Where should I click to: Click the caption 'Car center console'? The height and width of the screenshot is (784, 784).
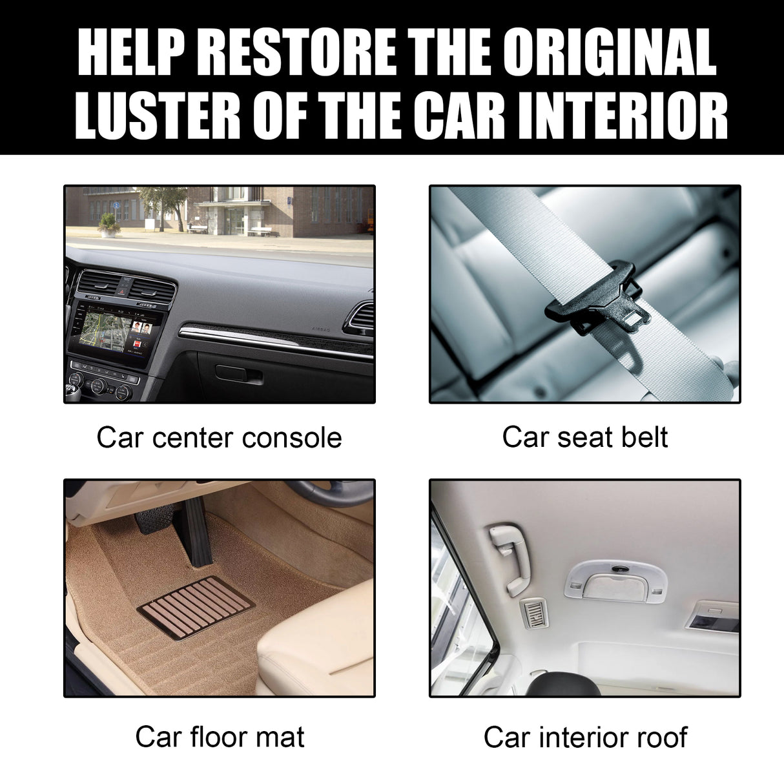(x=219, y=438)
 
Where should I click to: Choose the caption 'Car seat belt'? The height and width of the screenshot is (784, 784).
(x=584, y=437)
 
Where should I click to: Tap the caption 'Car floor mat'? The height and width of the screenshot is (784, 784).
(x=220, y=737)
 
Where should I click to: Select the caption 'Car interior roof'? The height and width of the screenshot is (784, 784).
(x=585, y=737)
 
